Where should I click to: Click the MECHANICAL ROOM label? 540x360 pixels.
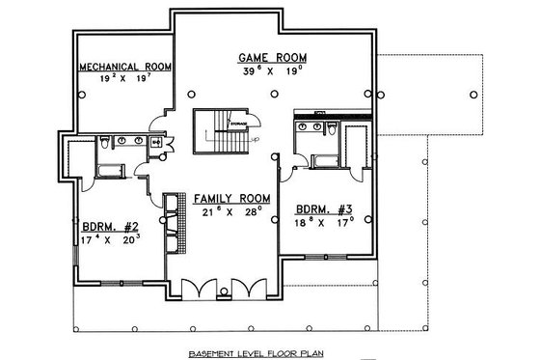(126, 68)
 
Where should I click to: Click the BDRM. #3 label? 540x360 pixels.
(316, 208)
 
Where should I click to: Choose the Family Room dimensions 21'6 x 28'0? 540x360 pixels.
(229, 211)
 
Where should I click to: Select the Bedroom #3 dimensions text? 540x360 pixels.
(316, 221)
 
